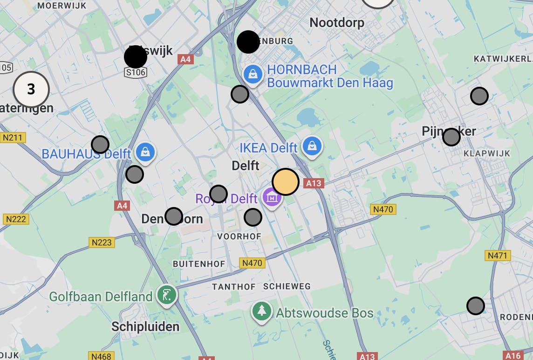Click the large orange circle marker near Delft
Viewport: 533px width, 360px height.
coord(285,182)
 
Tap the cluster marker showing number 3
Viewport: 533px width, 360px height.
coord(31,89)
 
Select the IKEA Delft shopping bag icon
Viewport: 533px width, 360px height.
coord(312,146)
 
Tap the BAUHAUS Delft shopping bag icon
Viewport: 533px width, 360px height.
coord(146,152)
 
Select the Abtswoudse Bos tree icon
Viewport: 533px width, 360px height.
coord(262,312)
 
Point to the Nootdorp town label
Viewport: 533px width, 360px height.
coord(337,22)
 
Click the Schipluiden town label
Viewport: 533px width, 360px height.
coord(145,326)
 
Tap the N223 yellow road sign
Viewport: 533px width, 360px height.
coord(101,242)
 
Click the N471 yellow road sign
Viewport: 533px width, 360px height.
coord(498,256)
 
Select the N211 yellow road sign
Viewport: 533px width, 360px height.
coord(13,138)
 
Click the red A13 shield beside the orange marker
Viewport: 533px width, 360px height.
coord(314,183)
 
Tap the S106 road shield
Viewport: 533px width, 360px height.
coord(136,72)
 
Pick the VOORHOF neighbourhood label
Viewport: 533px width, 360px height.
coord(239,236)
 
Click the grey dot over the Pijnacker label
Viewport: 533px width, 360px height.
coord(451,137)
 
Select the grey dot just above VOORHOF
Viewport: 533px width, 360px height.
coord(253,217)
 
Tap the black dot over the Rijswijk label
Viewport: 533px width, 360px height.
coord(136,57)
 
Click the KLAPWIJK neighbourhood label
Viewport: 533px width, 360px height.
coord(487,153)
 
